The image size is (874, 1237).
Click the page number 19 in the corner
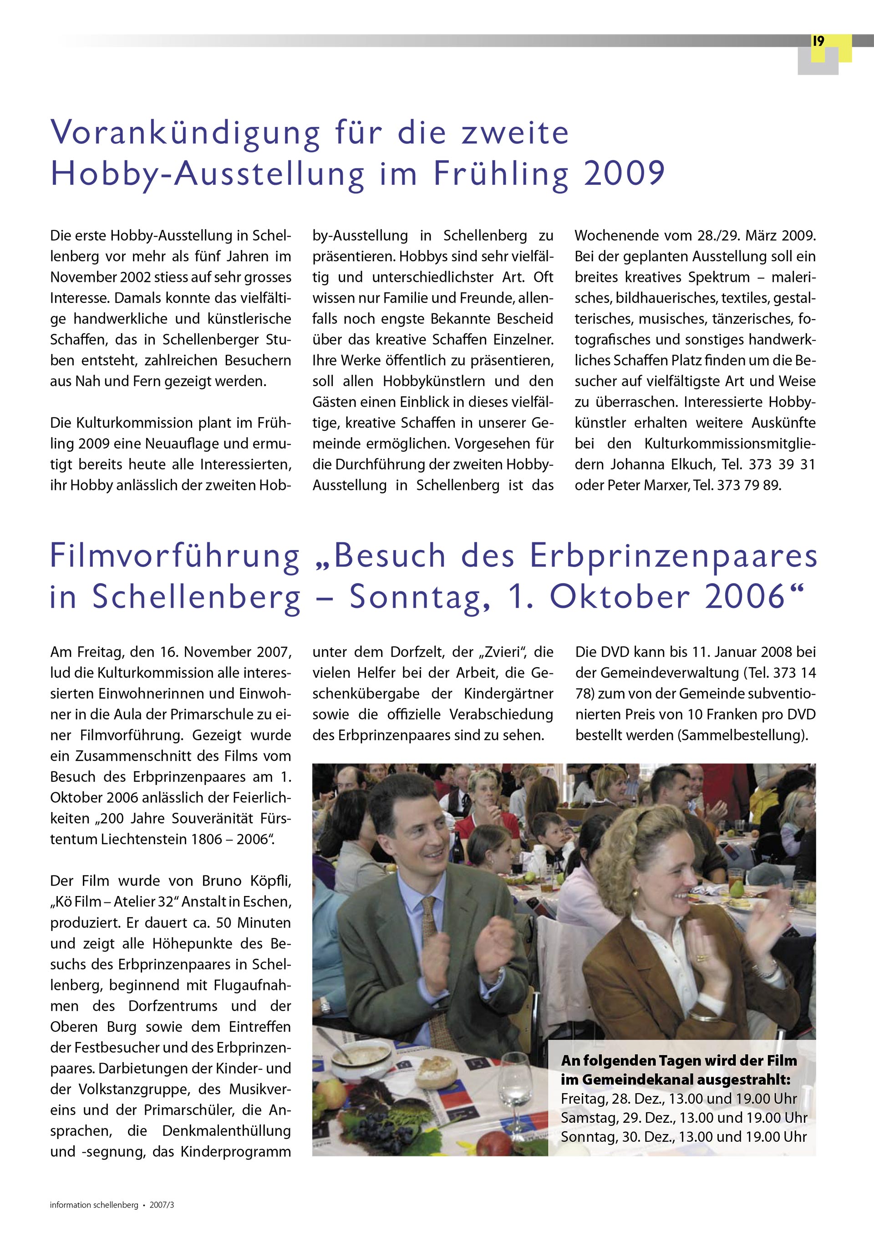[x=818, y=41]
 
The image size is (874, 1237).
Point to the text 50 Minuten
[x=253, y=923]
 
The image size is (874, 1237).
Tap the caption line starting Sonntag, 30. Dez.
[x=683, y=1137]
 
